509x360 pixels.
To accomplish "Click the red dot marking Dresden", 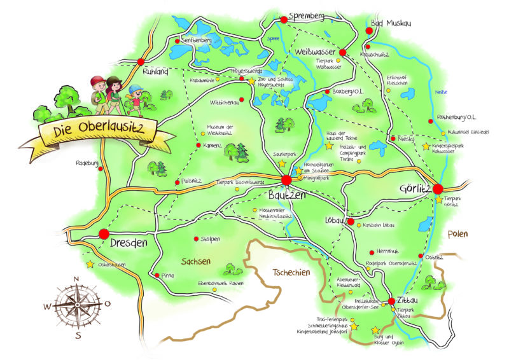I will point(104,234).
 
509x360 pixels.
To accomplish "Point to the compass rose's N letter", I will point(76,279).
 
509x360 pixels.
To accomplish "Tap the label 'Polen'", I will point(457,234).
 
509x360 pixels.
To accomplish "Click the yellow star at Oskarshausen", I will point(90,264).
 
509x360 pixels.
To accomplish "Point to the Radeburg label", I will point(87,163).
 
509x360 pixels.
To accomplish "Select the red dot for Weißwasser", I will point(342,52).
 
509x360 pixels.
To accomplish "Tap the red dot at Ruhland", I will point(140,62).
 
